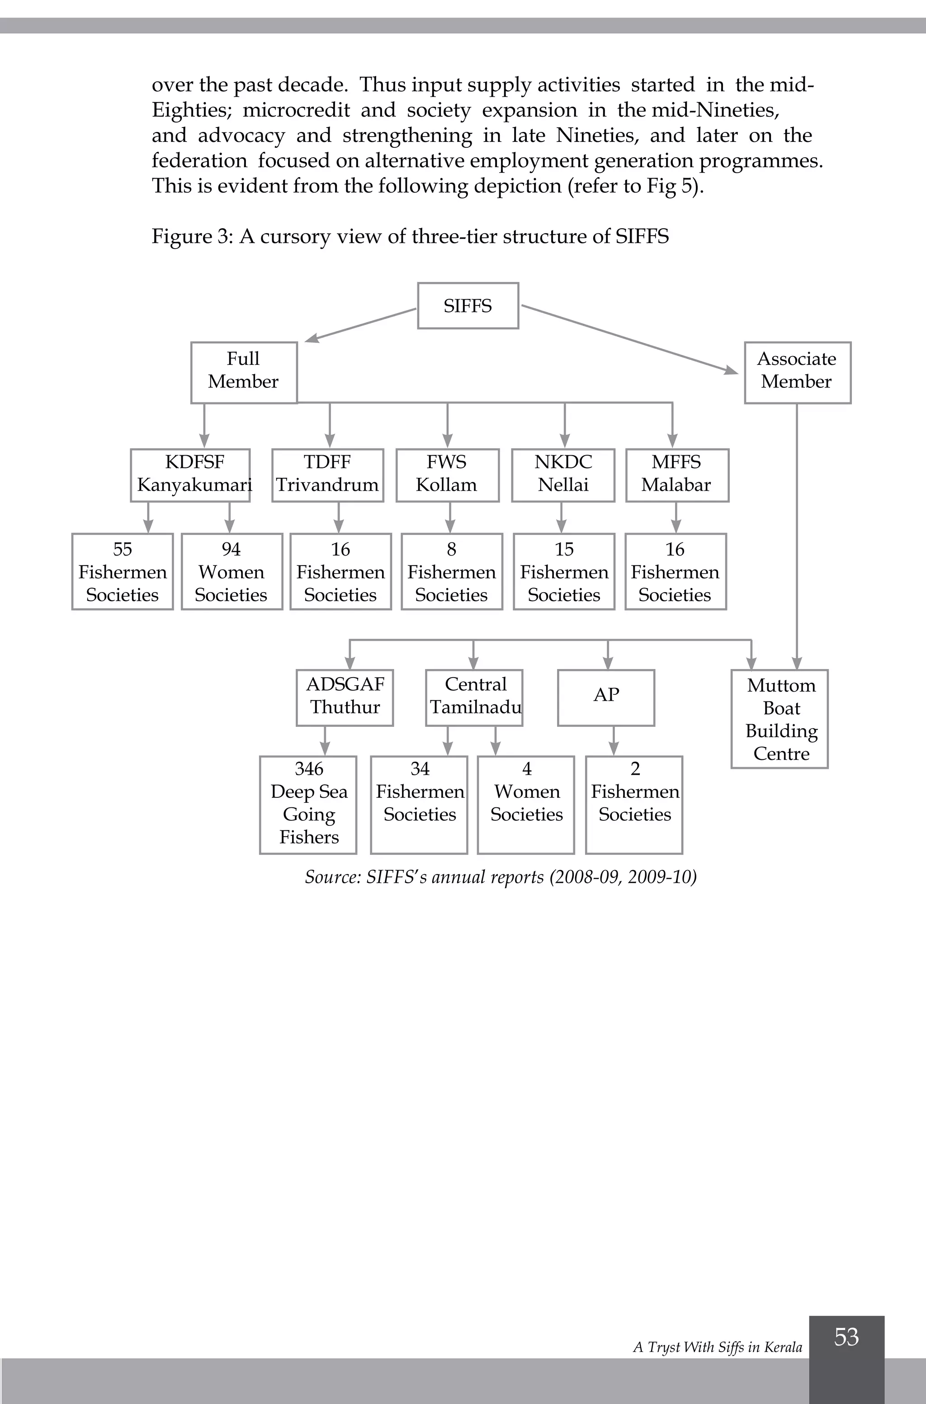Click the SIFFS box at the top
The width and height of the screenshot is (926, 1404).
pos(468,306)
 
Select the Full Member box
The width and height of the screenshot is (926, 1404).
pos(243,372)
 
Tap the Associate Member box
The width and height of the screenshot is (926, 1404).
pos(797,372)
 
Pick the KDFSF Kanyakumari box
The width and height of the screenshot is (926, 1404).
pos(190,475)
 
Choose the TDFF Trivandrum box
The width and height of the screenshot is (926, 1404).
pos(327,475)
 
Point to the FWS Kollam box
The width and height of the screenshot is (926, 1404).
pos(447,475)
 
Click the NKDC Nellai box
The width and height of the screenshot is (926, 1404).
pos(563,475)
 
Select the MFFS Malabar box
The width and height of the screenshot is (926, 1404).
pos(677,475)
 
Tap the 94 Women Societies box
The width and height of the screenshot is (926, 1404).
pos(231,571)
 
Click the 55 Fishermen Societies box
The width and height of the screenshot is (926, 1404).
pos(122,571)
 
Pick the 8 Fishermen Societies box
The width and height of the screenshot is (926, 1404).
pos(452,571)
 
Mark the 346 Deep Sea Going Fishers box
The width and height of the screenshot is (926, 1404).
pos(308,804)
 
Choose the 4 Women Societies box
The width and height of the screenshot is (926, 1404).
pos(525,804)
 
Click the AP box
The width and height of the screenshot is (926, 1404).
pos(606,697)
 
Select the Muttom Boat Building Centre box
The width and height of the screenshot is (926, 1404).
pos(780,719)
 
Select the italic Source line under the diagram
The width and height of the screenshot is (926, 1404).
pos(500,877)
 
